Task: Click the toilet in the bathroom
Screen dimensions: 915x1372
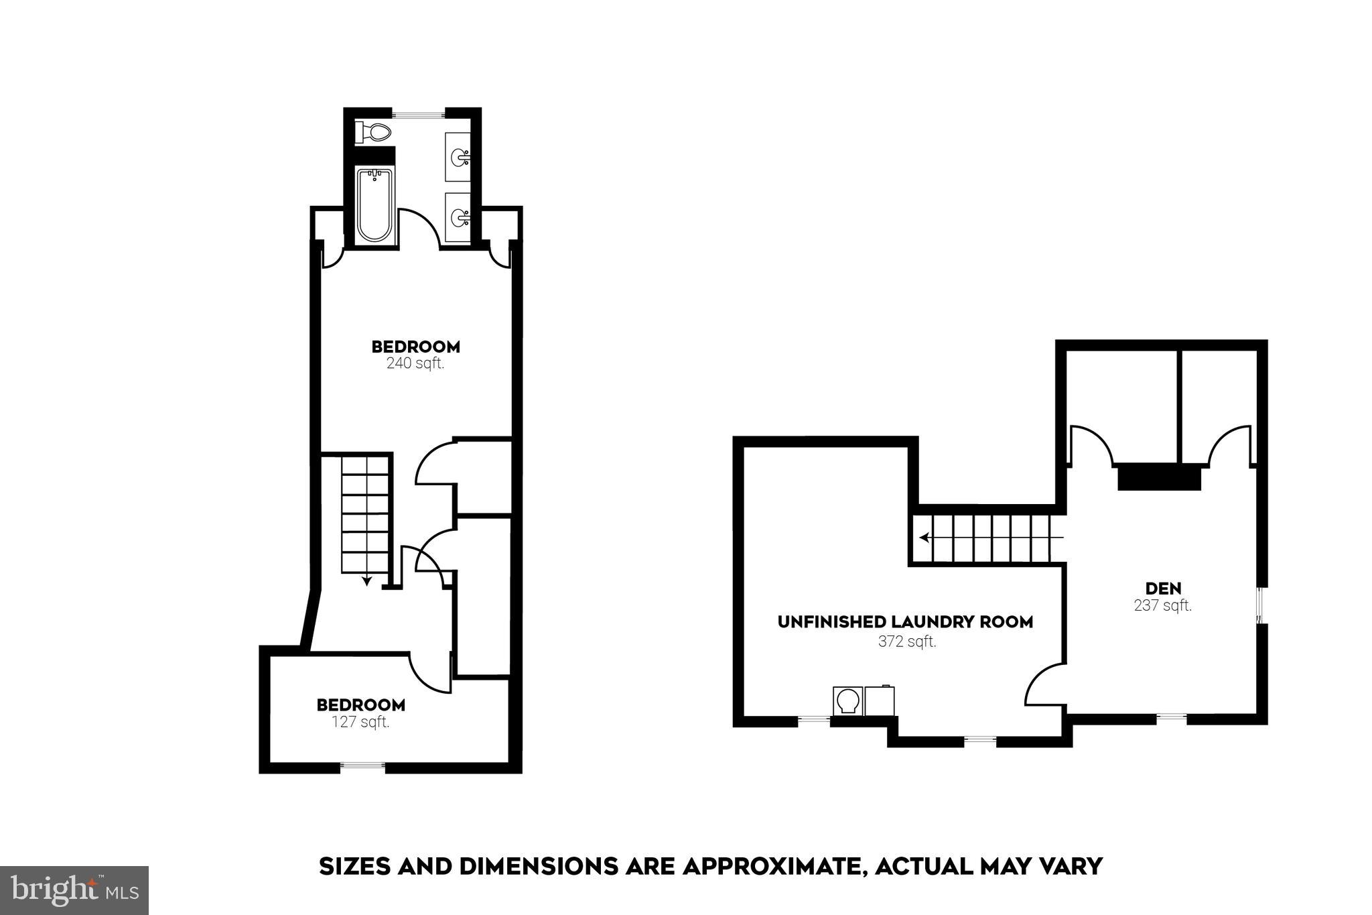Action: point(374,132)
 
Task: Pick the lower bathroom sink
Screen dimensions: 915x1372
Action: point(459,217)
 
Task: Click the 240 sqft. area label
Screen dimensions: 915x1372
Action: point(415,364)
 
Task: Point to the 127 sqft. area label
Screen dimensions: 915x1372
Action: point(360,722)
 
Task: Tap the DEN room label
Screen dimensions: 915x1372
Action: point(1163,589)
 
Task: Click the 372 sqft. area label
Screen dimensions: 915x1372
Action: point(907,642)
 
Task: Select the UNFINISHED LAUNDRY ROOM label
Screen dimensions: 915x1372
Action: point(905,622)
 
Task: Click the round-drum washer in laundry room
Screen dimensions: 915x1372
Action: point(847,701)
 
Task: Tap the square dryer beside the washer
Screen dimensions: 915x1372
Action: point(880,701)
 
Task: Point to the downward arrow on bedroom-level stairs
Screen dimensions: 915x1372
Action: point(367,580)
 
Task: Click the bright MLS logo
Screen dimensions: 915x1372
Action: point(74,890)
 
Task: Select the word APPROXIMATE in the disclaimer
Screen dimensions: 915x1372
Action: point(770,866)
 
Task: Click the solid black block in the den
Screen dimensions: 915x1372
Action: point(1159,477)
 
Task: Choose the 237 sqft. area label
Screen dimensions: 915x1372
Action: point(1163,605)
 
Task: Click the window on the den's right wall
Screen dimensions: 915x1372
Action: point(1261,605)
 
